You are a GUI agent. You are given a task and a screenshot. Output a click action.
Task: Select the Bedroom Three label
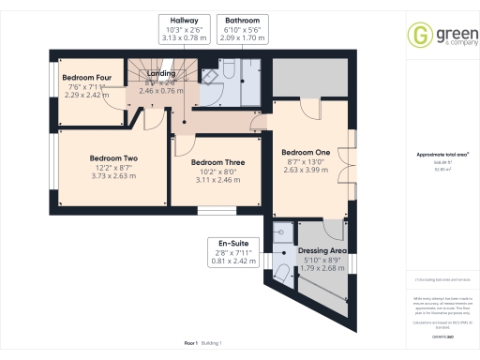pos(217,162)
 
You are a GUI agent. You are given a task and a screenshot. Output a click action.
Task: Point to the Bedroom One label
pos(307,151)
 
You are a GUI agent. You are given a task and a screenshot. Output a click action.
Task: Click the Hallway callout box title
pos(184,20)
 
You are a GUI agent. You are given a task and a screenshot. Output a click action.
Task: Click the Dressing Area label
pos(322,251)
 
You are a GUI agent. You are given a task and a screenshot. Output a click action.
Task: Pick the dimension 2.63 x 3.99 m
pos(307,170)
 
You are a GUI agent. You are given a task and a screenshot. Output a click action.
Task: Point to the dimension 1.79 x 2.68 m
pos(323,269)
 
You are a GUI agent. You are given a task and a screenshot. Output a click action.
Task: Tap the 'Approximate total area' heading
pos(436,154)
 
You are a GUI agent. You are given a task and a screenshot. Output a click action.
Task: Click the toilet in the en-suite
pos(282,273)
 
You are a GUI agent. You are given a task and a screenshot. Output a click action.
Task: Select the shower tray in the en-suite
pos(281,233)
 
